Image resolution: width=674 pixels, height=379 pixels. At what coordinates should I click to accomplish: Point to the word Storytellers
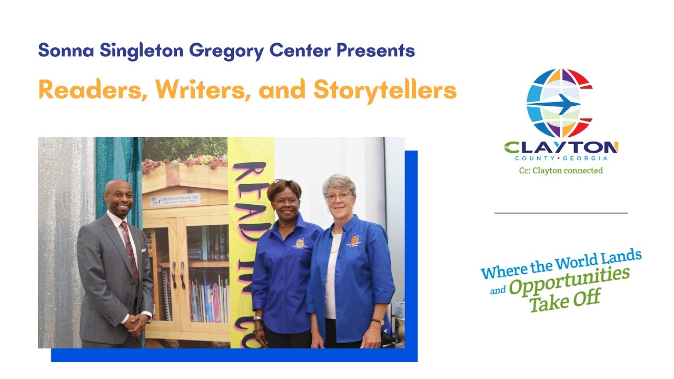pyautogui.click(x=385, y=90)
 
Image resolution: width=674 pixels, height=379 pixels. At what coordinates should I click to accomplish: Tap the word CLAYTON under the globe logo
pyautogui.click(x=561, y=147)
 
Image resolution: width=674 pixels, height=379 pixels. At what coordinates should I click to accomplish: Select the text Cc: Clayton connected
pyautogui.click(x=561, y=171)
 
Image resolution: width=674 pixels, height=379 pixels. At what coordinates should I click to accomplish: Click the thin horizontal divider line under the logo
pyautogui.click(x=561, y=213)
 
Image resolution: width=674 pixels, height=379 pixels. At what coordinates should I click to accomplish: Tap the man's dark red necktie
pyautogui.click(x=130, y=247)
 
